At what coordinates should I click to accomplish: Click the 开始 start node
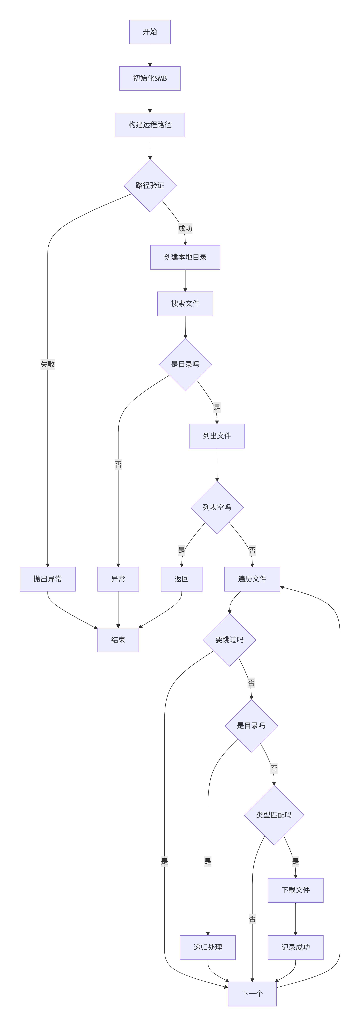click(150, 32)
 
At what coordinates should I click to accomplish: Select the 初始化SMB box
click(150, 79)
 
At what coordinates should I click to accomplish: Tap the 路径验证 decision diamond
click(150, 186)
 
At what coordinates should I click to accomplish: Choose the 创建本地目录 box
click(185, 257)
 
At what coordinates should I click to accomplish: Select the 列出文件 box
click(217, 436)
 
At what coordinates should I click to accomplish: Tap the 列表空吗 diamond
click(217, 507)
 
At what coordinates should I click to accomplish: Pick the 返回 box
click(182, 579)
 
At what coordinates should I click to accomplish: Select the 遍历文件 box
click(252, 579)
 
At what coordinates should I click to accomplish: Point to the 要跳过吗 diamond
click(229, 640)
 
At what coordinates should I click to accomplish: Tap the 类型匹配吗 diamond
click(274, 815)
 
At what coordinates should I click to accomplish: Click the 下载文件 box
click(296, 890)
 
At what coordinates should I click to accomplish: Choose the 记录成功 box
click(296, 947)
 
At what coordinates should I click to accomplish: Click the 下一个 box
click(252, 994)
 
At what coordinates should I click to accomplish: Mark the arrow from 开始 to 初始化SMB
click(150, 55)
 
